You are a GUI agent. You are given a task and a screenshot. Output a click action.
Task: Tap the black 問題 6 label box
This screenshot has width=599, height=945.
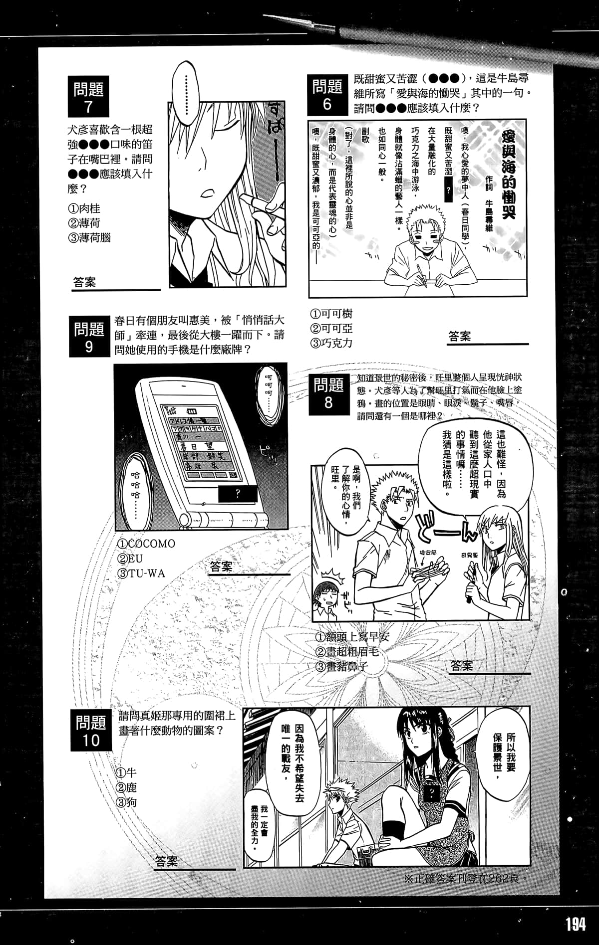327,95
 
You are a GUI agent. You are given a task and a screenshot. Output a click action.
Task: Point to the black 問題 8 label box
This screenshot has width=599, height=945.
328,394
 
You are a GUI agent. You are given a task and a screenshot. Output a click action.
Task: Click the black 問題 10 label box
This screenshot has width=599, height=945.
91,731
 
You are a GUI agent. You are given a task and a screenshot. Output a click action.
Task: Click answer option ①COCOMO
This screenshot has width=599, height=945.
146,544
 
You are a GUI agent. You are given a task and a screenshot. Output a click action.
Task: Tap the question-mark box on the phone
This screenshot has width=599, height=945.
238,494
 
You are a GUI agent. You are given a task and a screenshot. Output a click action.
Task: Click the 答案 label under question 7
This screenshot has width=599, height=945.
84,282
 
